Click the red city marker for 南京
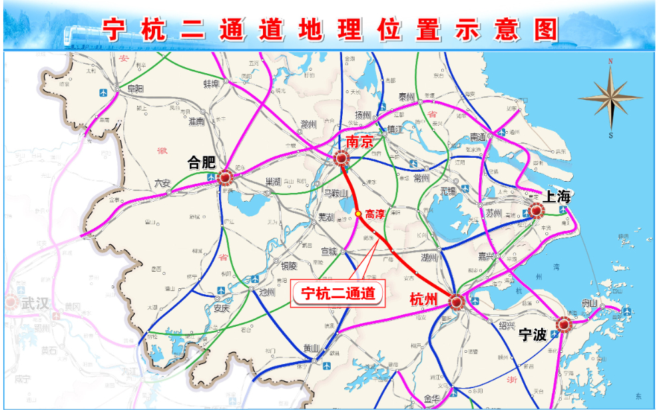(x=341, y=159)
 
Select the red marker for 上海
(x=537, y=212)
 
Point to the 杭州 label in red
(x=423, y=300)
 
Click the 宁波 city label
(x=533, y=335)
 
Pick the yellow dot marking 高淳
(x=358, y=213)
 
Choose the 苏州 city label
(x=493, y=214)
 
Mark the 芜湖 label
(x=326, y=217)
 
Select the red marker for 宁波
(x=564, y=324)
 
